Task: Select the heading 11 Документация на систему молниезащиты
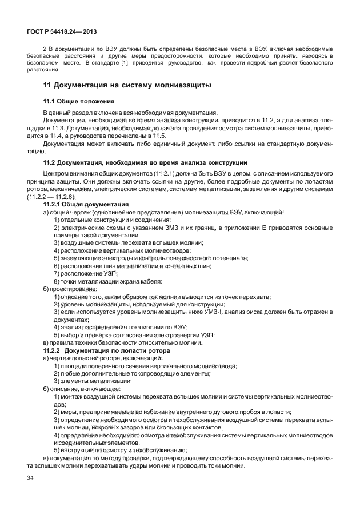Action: [127, 85]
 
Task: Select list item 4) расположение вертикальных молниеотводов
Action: [122, 250]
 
